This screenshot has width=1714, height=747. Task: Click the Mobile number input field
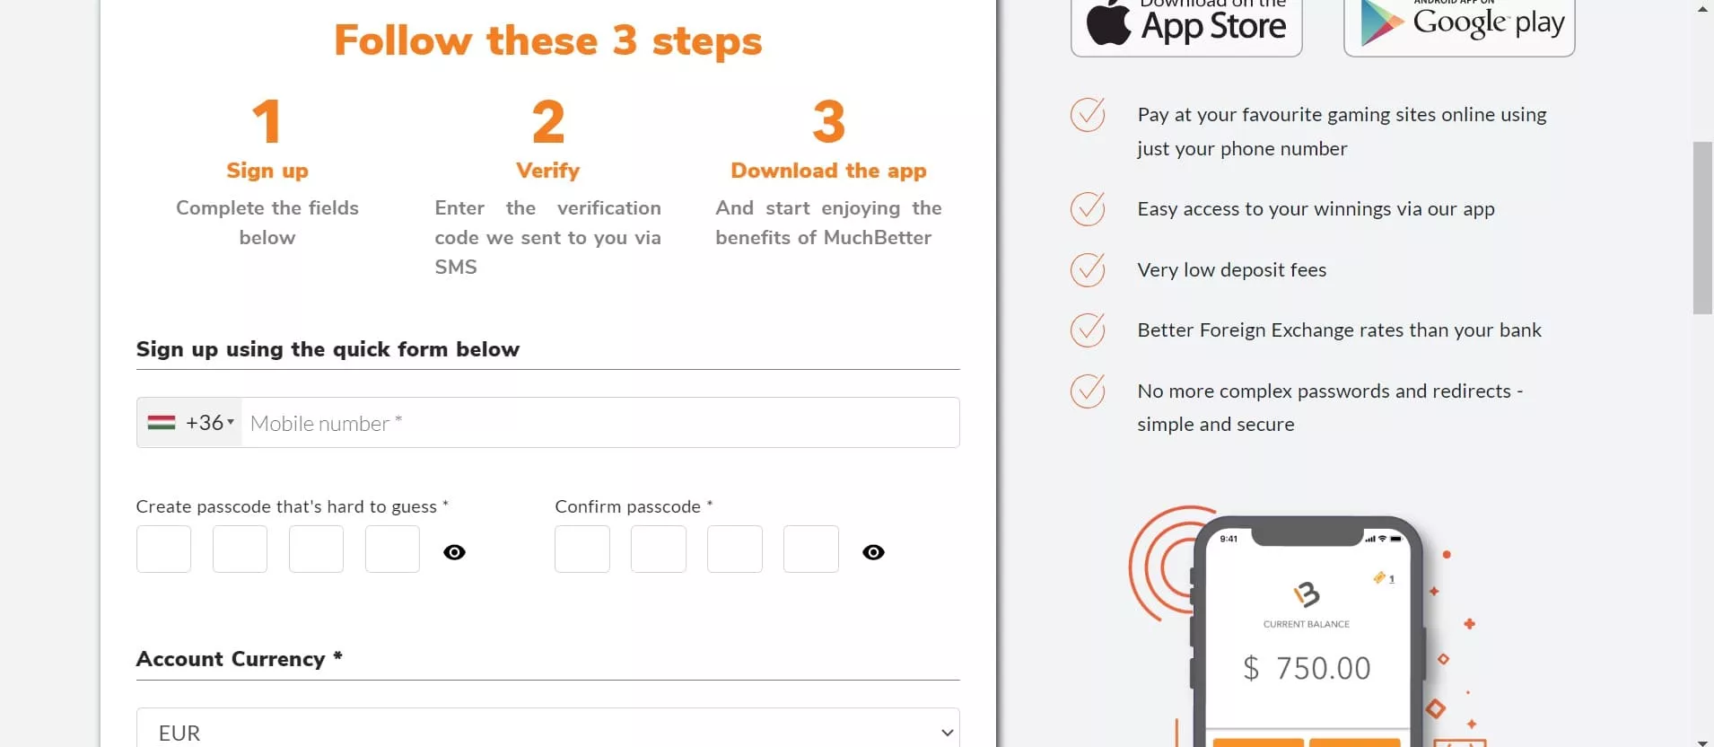599,423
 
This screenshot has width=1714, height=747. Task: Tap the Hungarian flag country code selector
190,423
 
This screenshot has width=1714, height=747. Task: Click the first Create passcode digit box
163,549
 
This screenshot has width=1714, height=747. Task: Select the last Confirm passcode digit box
810,549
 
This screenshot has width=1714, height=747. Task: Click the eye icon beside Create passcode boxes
455,552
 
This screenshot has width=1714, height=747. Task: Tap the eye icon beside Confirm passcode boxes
873,552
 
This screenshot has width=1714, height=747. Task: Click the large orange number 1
267,121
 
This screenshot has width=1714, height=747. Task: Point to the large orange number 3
828,121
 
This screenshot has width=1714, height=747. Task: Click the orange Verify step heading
547,171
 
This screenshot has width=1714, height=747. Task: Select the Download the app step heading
828,171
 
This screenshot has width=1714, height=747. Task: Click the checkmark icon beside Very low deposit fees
1088,269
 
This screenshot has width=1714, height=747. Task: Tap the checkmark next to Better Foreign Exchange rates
1088,330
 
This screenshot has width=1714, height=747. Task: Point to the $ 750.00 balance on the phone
1307,668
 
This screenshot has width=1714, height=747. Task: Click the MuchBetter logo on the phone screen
1307,593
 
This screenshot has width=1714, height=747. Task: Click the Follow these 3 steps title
547,41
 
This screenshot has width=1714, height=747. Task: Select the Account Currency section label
239,659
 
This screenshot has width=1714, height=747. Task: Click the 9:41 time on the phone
1229,539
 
